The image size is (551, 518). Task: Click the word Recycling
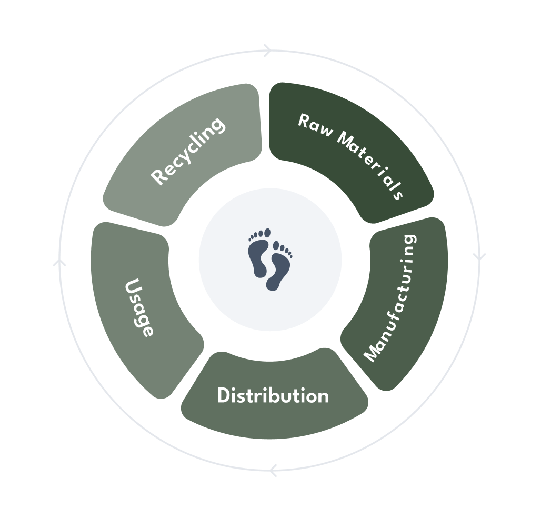[x=188, y=151]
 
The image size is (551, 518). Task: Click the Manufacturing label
[x=390, y=298]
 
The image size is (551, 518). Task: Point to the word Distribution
[x=273, y=395]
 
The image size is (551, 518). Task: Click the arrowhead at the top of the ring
[x=267, y=51]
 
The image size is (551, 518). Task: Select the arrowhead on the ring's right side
[x=479, y=257]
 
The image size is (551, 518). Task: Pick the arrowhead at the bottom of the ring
[x=273, y=470]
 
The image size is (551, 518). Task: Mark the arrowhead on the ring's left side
[x=59, y=261]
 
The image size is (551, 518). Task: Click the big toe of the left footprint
[x=267, y=233]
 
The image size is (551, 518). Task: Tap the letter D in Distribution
[x=224, y=395]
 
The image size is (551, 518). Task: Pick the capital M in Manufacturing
[x=373, y=354]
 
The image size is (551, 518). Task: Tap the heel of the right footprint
[x=273, y=285]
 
